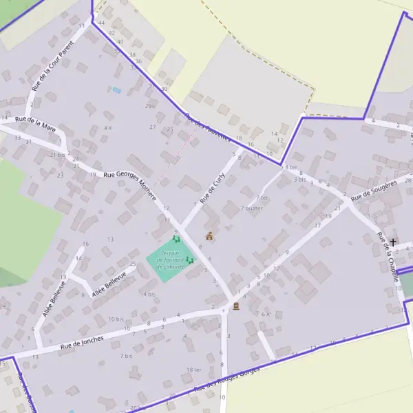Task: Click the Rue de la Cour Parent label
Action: pos(52,65)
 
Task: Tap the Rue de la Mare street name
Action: pos(35,123)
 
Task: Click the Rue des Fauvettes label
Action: pos(208,127)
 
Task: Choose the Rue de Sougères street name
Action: pos(374,191)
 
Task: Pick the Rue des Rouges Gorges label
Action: pos(227,380)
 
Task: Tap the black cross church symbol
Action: pos(393,242)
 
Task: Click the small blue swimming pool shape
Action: pos(116,90)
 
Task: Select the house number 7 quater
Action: pos(252,208)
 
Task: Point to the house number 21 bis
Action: pos(57,155)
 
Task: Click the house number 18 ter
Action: pos(194,370)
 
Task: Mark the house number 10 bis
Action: pos(116,319)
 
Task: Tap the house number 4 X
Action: pos(107,128)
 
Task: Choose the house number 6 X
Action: pos(265,314)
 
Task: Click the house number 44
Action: pos(101,23)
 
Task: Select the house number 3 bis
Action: pos(300,179)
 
